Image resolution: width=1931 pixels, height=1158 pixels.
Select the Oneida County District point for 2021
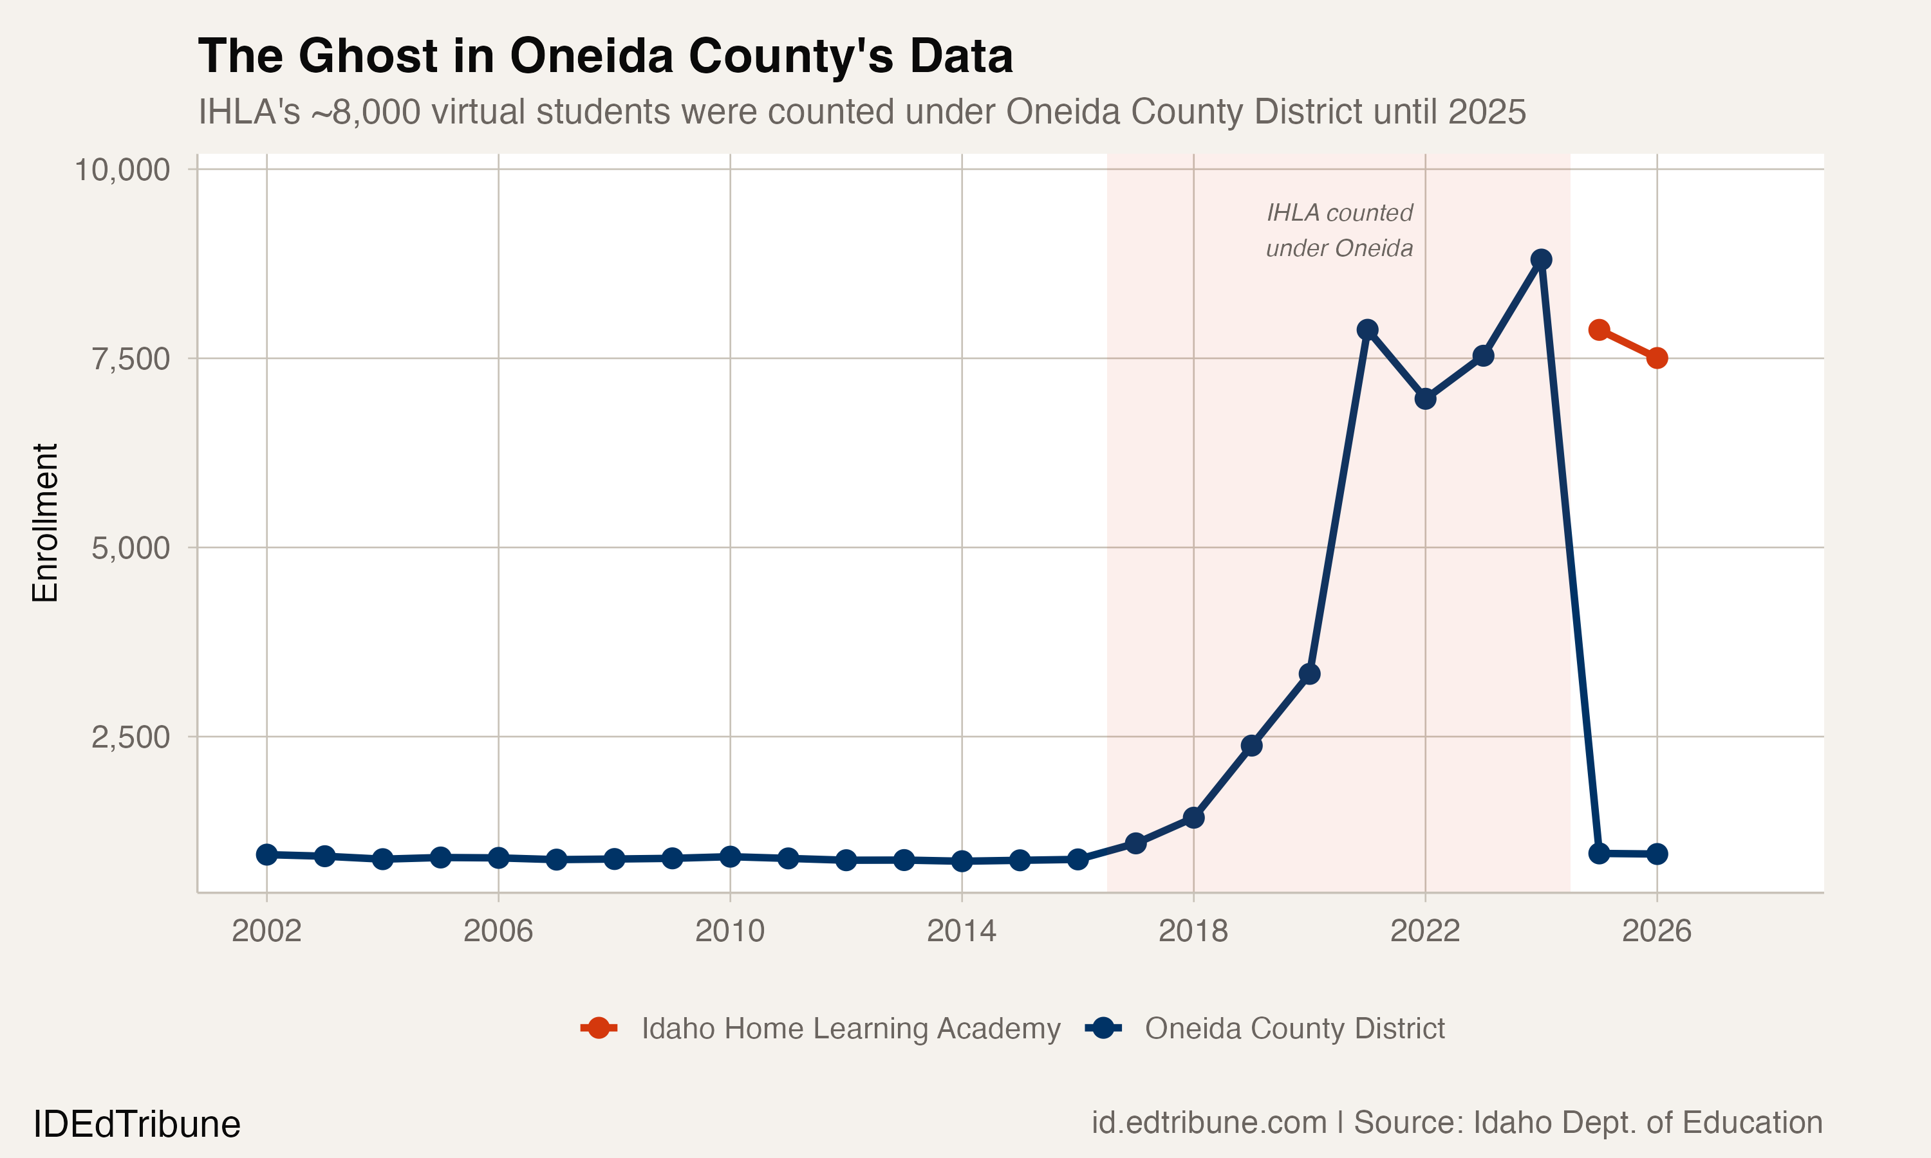click(1367, 330)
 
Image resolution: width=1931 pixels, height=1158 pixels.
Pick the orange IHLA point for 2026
click(1657, 358)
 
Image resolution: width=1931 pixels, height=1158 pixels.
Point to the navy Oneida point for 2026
click(1657, 854)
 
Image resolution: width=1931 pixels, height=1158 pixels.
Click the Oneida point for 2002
click(267, 854)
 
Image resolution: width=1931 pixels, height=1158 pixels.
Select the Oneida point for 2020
click(1310, 674)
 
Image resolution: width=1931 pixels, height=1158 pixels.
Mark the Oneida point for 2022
click(1425, 399)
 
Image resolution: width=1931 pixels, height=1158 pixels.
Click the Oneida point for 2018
click(1193, 818)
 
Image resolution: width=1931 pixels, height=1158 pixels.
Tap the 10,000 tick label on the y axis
click(122, 170)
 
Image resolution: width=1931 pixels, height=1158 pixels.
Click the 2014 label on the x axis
click(962, 931)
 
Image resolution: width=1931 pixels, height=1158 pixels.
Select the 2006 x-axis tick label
click(498, 931)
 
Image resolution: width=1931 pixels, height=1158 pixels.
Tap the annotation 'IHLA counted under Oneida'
click(1339, 231)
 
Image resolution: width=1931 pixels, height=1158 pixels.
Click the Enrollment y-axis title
click(45, 523)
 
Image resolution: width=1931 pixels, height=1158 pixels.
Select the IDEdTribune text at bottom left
click(136, 1125)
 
